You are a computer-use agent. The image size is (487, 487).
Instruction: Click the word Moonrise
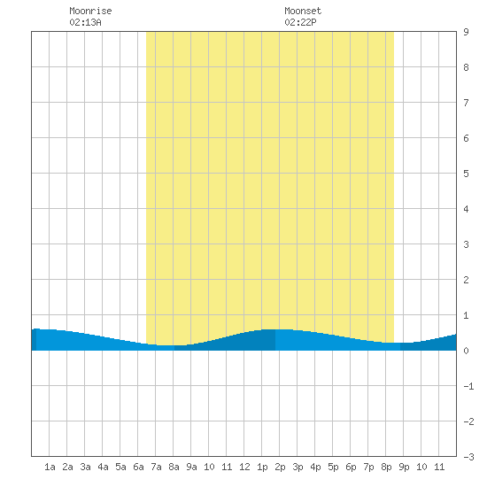pos(90,11)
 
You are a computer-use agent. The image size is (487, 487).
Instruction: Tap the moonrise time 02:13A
pos(85,22)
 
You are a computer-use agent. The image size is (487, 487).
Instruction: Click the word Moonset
pos(303,11)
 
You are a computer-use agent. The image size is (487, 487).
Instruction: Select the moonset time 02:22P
pos(300,22)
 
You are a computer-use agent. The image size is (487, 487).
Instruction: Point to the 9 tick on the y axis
pos(466,32)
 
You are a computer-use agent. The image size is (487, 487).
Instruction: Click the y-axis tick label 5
pos(466,174)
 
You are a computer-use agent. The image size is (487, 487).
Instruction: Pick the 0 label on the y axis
pos(466,351)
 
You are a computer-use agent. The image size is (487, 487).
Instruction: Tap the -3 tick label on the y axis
pos(468,457)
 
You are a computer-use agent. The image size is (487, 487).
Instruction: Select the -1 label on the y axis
pos(468,386)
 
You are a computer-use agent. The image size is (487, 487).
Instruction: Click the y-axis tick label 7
pos(466,103)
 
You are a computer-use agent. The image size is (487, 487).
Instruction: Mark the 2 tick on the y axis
pos(466,280)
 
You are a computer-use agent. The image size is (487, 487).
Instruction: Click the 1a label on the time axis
pos(50,467)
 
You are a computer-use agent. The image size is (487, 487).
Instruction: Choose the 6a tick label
pos(138,467)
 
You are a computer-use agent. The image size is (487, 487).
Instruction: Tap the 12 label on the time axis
pos(244,467)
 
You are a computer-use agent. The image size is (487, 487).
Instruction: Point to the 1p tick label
pos(262,468)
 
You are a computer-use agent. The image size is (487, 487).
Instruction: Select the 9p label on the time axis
pos(404,468)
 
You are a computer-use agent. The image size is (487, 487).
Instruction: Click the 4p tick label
pos(315,468)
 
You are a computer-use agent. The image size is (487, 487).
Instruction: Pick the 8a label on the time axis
pos(174,467)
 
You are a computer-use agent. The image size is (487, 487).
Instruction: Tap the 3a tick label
pos(85,467)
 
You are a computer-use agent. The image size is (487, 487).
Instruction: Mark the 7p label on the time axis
pos(368,468)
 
